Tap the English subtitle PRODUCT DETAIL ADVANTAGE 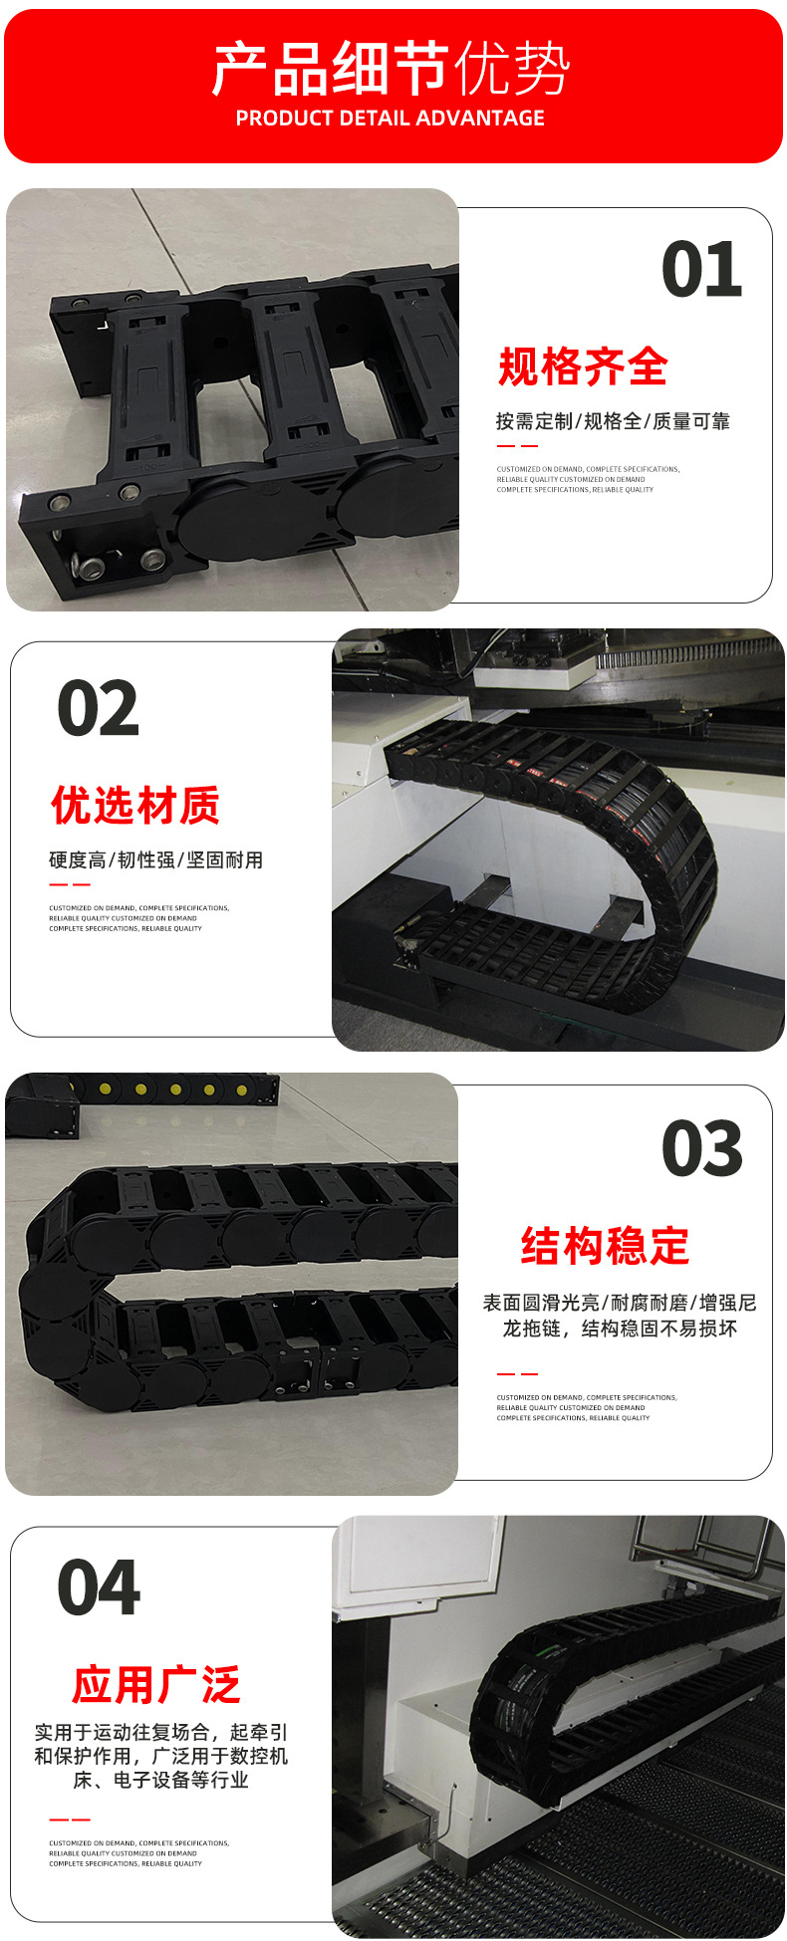coord(391,119)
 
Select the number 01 coord(702,271)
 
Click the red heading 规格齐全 coord(583,367)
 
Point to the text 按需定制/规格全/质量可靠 coord(613,421)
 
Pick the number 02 coord(98,710)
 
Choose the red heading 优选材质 coord(135,806)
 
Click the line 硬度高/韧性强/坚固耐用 coord(156,859)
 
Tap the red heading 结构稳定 coord(606,1246)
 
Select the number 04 coord(99,1588)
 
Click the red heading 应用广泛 coord(156,1684)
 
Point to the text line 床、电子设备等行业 coord(160,1780)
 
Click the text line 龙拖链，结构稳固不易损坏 coord(620,1329)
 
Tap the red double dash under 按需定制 coord(517,446)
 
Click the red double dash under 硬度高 coord(70,884)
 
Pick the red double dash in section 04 coord(70,1820)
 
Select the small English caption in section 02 coord(138,918)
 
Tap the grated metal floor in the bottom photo coord(598,1872)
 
